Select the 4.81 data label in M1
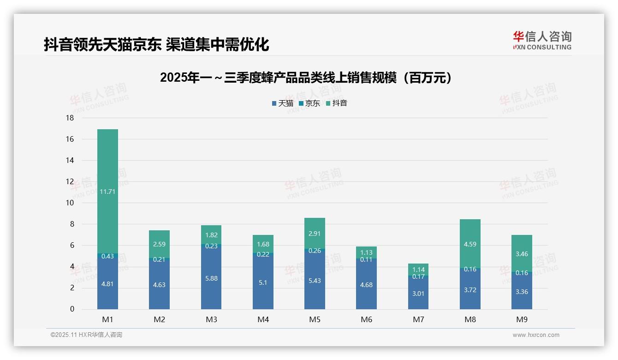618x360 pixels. (x=107, y=284)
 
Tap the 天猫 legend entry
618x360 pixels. (x=283, y=103)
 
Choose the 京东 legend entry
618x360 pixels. (x=309, y=103)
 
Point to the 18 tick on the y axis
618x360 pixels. (x=70, y=118)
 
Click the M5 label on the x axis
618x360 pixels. (x=315, y=319)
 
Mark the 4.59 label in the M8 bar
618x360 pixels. (x=470, y=244)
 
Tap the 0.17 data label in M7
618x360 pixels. (x=418, y=276)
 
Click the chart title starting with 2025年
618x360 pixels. (x=306, y=78)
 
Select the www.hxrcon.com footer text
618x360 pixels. (x=536, y=335)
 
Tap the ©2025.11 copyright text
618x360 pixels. (x=86, y=335)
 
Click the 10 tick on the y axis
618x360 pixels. (x=70, y=203)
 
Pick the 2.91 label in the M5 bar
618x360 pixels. (x=315, y=234)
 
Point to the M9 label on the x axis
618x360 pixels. (x=522, y=319)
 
